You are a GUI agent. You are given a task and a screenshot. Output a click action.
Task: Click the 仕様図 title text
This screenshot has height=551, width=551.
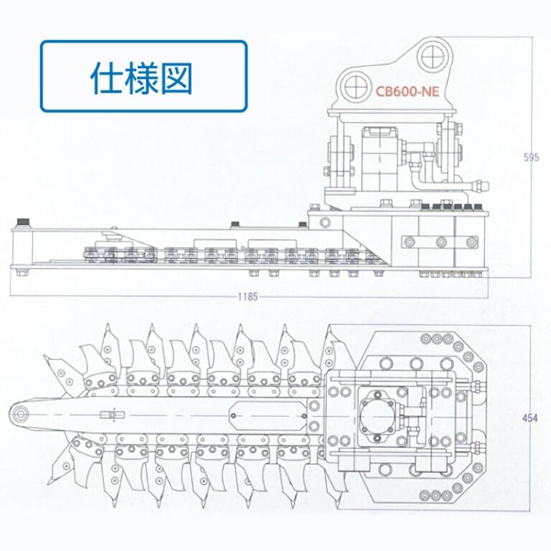(142, 77)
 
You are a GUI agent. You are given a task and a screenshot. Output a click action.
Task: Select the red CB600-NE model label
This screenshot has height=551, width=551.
(407, 91)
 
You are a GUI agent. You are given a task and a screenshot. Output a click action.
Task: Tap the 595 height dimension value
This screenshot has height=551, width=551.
(531, 157)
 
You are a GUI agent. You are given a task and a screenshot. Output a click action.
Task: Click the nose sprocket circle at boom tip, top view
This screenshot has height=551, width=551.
(21, 413)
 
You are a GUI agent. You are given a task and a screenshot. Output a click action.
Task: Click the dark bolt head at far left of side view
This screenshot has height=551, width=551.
(26, 220)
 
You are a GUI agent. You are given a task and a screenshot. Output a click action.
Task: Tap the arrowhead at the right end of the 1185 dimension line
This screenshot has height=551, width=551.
(486, 296)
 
